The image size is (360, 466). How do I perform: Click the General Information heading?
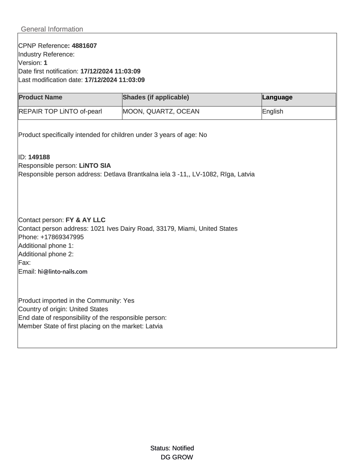(x=52, y=29)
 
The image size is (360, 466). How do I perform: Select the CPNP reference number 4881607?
(x=84, y=46)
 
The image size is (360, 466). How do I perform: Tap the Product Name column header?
(x=41, y=97)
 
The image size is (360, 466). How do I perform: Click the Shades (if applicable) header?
(x=156, y=97)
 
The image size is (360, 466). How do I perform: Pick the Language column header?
(x=277, y=97)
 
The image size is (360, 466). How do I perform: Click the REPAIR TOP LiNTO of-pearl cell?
(x=60, y=112)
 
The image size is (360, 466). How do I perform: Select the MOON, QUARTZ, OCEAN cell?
(x=161, y=112)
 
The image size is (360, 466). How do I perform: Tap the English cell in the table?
(x=273, y=112)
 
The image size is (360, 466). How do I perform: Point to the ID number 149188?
(x=39, y=157)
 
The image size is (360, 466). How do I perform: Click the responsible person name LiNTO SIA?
(x=95, y=166)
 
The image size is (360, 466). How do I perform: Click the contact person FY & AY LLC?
(x=86, y=220)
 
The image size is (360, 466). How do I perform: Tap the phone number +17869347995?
(x=62, y=237)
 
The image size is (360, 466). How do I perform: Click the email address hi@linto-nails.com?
(x=63, y=272)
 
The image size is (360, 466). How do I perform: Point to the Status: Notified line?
(x=172, y=448)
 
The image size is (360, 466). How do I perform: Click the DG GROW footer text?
(x=177, y=457)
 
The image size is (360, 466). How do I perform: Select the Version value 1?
(x=46, y=63)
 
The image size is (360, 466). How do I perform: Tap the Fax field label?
(x=24, y=263)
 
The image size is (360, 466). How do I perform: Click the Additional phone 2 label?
(x=46, y=254)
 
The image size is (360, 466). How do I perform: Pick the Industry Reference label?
(x=46, y=55)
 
